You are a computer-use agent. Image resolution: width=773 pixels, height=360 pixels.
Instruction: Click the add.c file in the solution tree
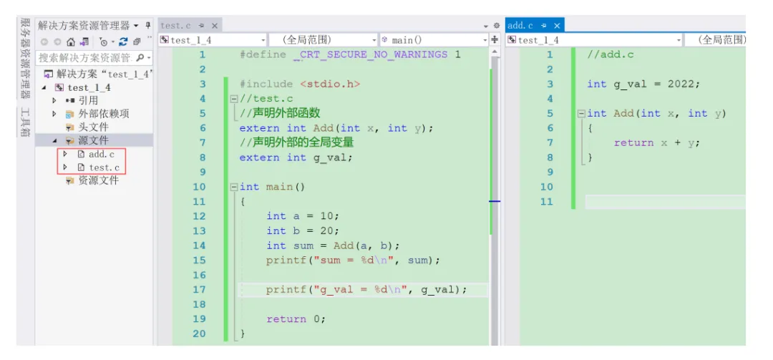click(101, 155)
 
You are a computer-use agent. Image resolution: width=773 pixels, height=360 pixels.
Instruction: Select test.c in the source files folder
click(104, 167)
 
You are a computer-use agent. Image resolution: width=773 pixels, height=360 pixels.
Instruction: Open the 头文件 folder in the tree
click(92, 127)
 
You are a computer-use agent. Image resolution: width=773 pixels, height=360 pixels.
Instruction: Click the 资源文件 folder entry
click(98, 180)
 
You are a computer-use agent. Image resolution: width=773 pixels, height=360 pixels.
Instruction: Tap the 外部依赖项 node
click(104, 114)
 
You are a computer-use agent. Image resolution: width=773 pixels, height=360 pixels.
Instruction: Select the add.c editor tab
click(520, 26)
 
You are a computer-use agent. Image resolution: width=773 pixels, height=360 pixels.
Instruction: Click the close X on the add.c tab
click(557, 26)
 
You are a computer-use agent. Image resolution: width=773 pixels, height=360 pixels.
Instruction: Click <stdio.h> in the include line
click(330, 84)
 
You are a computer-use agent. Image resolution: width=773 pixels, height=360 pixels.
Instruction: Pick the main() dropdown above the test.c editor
click(434, 40)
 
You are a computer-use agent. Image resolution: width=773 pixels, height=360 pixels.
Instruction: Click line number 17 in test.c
click(199, 289)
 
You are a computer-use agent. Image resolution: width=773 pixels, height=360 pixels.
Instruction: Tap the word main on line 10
click(279, 187)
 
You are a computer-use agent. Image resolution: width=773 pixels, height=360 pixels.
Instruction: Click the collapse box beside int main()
click(234, 188)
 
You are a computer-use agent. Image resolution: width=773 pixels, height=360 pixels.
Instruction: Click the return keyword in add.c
click(633, 143)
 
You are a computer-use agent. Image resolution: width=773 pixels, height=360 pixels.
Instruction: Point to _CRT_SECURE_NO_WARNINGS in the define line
click(370, 54)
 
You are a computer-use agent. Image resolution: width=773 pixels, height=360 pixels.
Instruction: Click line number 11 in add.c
click(547, 201)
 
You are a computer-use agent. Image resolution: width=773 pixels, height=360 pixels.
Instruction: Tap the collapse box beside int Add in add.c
click(582, 114)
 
